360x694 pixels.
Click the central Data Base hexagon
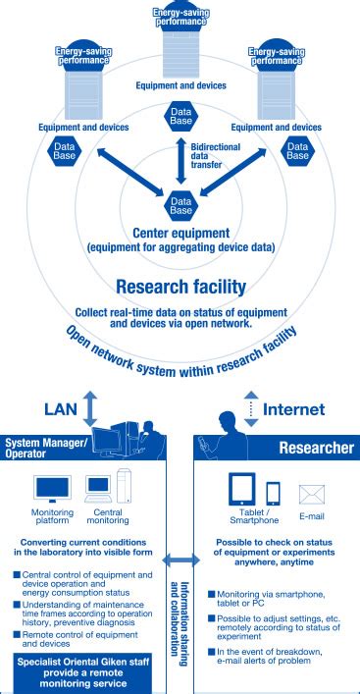[x=180, y=203]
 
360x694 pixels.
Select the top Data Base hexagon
[x=180, y=116]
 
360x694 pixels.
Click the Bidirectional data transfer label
[x=208, y=159]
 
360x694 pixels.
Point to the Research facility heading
[x=180, y=287]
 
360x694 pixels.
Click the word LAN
[x=61, y=407]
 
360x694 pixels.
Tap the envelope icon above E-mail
[x=311, y=493]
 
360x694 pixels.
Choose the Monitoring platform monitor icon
[x=52, y=487]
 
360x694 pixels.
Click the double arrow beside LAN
[x=91, y=406]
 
